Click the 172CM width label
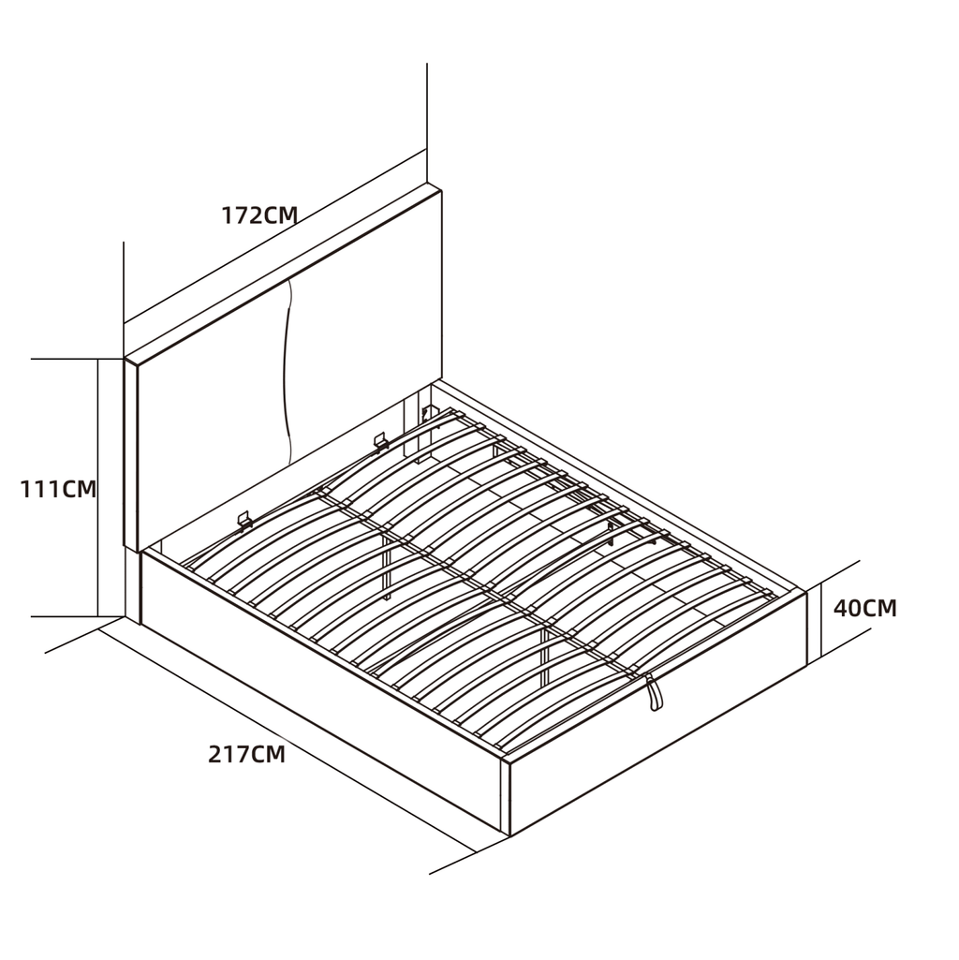[259, 215]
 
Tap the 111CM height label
[58, 489]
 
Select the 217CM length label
[247, 754]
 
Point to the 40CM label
[864, 608]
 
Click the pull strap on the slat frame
[654, 693]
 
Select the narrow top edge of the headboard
[282, 273]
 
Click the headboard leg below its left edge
[133, 584]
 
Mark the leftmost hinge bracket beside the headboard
[245, 520]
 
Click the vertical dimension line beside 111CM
[98, 487]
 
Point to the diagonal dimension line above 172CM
[275, 236]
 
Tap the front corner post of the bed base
[505, 796]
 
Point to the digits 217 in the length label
[229, 754]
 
